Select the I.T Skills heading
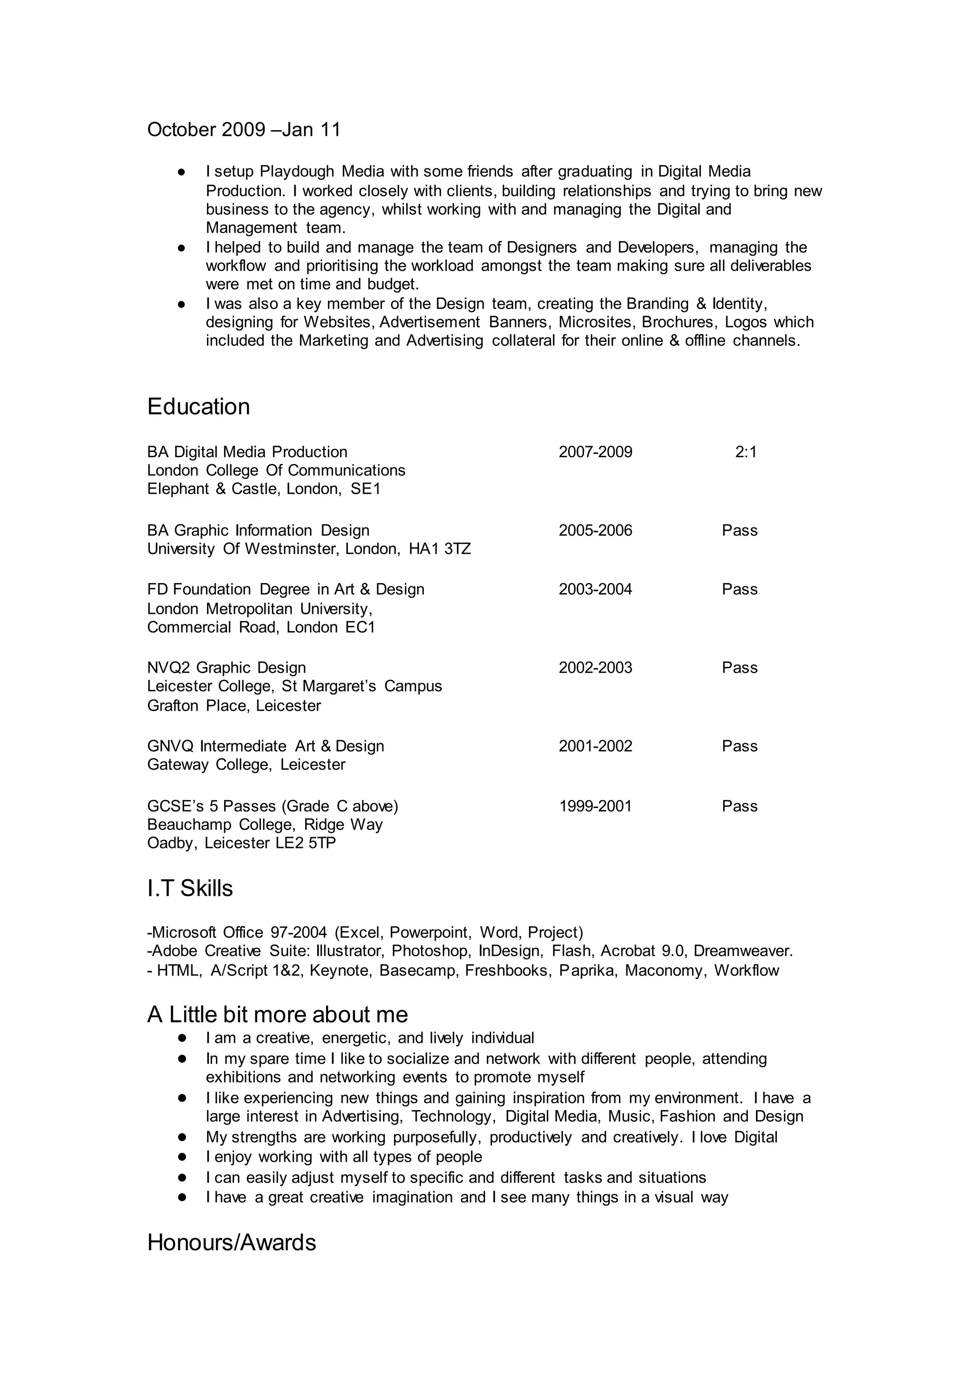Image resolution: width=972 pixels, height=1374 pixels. click(190, 888)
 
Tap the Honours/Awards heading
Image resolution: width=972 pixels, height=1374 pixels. click(231, 1242)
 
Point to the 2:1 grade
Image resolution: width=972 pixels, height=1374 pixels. click(745, 452)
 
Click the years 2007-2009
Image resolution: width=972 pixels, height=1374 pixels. click(595, 452)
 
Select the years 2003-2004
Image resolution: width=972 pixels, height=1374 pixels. click(595, 590)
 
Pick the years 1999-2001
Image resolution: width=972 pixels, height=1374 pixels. click(595, 807)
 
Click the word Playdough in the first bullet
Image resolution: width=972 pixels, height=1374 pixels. click(296, 172)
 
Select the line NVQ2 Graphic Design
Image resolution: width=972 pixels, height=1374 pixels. click(226, 668)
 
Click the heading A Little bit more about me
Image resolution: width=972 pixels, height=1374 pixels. click(277, 1015)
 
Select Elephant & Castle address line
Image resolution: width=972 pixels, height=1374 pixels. click(263, 489)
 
